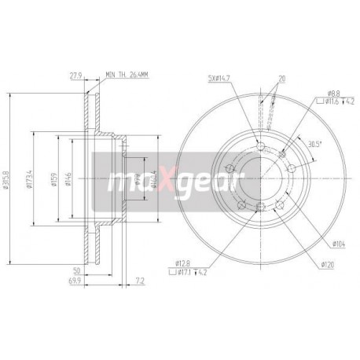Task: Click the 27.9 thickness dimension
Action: click(75, 77)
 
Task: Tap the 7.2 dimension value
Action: click(140, 279)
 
